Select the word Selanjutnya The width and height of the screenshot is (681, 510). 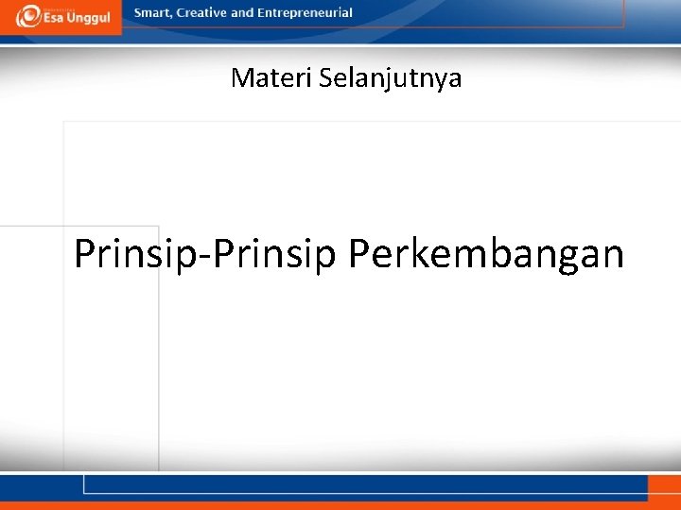click(391, 78)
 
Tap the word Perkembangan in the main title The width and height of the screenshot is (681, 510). click(486, 254)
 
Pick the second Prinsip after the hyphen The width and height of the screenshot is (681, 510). click(277, 254)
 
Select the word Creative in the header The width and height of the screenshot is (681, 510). click(201, 13)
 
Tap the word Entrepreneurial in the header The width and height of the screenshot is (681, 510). click(305, 13)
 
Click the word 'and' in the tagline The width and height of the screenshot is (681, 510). click(242, 13)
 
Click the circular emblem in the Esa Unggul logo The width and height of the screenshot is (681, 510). click(29, 16)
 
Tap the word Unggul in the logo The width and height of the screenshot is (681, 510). click(89, 19)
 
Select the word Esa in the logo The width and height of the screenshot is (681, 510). click(55, 19)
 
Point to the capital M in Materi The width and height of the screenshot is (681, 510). click(241, 77)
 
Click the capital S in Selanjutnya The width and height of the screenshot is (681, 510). click(325, 77)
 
